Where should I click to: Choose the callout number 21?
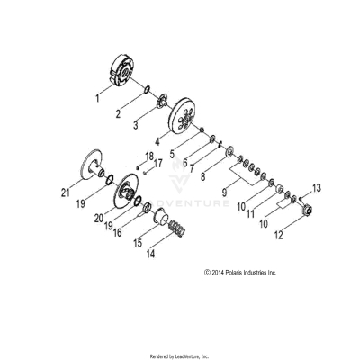coord(64,192)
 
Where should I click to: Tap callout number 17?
coord(157,164)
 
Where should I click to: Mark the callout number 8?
coord(204,177)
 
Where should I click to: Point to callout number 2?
coord(117,115)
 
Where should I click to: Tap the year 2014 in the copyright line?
coord(220,271)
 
